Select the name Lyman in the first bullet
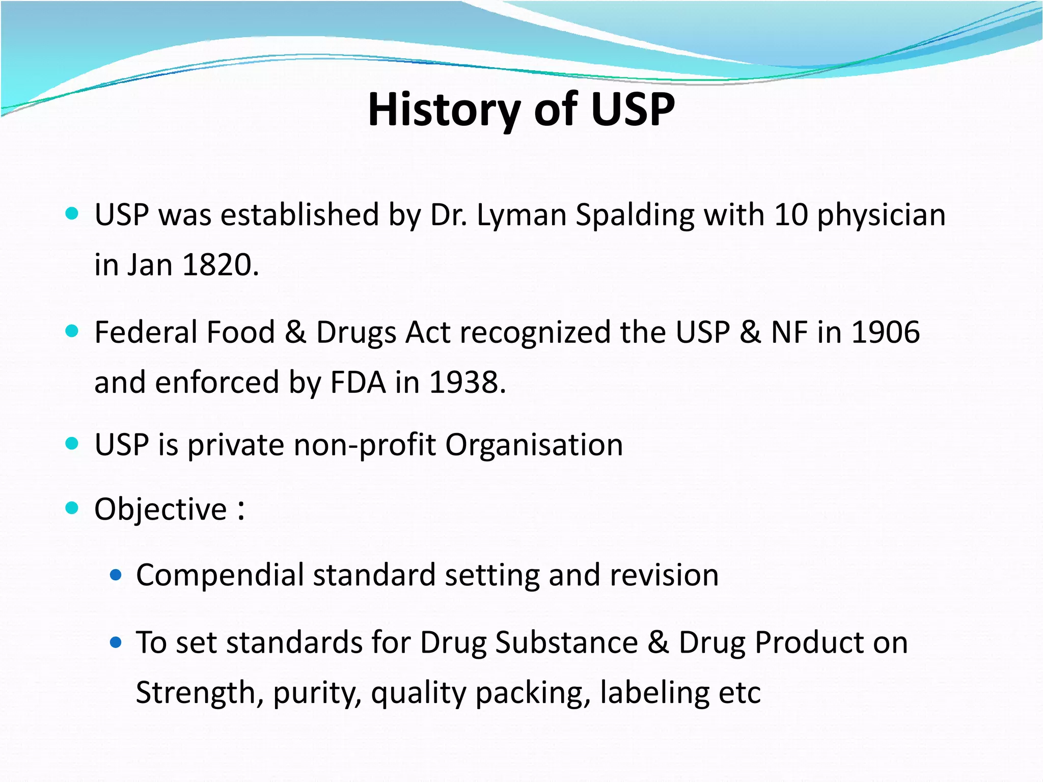[x=521, y=214]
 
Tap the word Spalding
[x=635, y=214]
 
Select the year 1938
[x=467, y=382]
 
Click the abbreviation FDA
[x=358, y=382]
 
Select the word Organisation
[x=534, y=445]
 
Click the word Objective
[x=160, y=509]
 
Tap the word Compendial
[x=220, y=575]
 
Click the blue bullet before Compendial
[x=116, y=575]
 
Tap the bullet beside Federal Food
[x=72, y=332]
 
